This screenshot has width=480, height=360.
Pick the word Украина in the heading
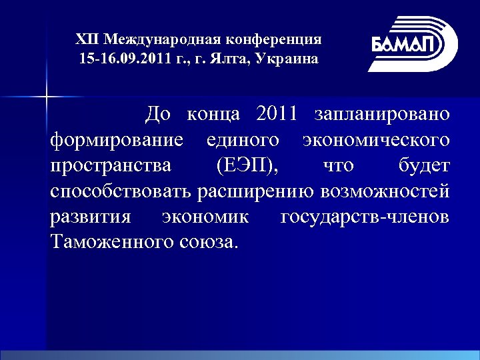(x=288, y=59)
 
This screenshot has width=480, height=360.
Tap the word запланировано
(x=382, y=114)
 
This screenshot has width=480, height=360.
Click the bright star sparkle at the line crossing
(x=47, y=97)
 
